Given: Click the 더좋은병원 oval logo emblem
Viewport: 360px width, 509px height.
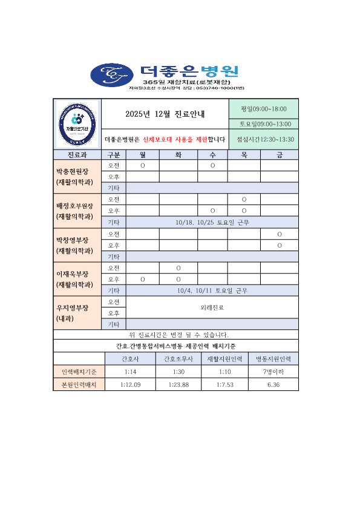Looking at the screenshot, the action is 113,74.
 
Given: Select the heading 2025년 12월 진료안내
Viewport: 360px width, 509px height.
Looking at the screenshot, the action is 165,114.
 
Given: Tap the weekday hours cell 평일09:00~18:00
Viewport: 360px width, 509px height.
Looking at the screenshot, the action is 263,109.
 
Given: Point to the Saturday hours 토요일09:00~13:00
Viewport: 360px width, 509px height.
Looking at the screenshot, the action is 263,124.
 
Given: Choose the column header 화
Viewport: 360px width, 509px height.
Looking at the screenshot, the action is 178,154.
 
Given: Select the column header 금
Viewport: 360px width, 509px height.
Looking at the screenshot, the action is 279,154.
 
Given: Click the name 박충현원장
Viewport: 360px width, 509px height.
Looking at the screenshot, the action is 73,171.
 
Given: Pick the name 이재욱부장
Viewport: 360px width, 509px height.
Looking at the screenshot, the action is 73,274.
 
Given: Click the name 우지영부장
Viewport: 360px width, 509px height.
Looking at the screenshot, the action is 73,307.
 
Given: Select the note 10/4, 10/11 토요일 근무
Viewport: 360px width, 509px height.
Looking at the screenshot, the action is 212,291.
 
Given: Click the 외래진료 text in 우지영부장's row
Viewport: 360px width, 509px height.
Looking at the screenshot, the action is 212,307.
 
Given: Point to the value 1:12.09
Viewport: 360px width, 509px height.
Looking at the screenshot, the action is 130,384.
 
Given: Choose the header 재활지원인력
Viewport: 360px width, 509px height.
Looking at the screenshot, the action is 225,358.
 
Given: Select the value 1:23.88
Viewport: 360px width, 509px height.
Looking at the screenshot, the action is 178,384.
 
